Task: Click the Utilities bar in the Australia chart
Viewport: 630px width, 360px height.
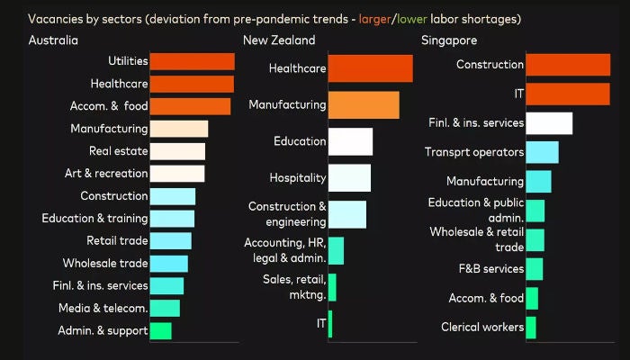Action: click(192, 61)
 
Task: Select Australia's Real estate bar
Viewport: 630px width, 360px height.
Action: click(177, 151)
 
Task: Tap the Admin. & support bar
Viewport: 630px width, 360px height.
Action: click(160, 331)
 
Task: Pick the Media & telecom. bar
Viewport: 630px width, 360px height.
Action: click(165, 309)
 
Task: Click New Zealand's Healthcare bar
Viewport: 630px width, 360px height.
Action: click(370, 68)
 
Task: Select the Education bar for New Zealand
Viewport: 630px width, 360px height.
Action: click(350, 141)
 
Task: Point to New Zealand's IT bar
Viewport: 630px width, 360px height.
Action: click(330, 323)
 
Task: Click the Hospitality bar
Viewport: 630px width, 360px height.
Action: click(349, 177)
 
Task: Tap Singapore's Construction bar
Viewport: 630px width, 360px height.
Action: click(567, 65)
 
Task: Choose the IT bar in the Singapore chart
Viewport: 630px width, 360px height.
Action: click(567, 94)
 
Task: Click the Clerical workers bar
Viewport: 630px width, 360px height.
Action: click(531, 327)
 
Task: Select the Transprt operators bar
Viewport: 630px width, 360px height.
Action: click(542, 152)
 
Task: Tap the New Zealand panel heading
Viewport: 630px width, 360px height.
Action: click(279, 40)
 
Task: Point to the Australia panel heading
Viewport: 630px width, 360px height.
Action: click(53, 40)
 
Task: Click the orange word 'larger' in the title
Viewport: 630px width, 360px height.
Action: click(376, 18)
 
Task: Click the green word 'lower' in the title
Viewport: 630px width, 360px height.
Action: click(412, 18)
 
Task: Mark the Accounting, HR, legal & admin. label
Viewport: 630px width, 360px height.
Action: click(284, 250)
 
